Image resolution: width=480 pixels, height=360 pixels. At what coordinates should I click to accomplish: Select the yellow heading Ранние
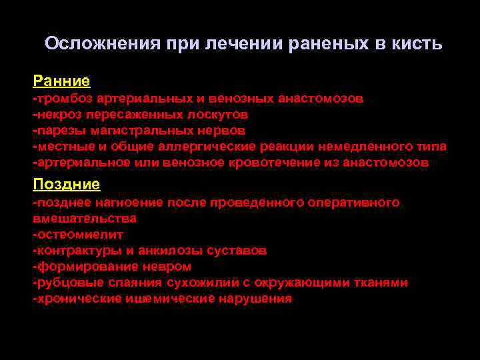point(61,81)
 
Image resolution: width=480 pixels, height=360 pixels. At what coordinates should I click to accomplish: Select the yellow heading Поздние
point(66,184)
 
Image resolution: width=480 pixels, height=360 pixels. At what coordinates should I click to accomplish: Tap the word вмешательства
point(85,218)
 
